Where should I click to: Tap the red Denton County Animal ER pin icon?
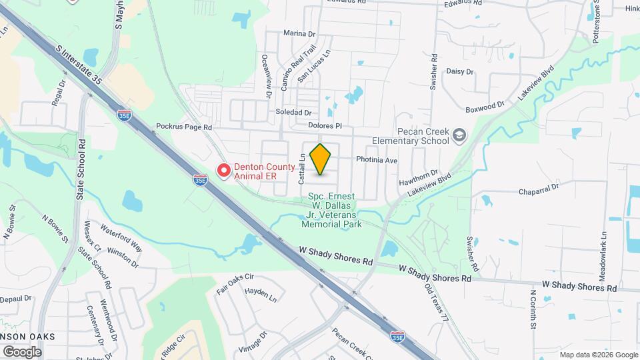[224, 171]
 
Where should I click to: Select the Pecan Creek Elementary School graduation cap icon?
[459, 135]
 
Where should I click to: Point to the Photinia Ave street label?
[377, 161]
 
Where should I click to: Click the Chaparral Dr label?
[539, 192]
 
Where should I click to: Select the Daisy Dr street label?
[459, 71]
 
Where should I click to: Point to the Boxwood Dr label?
[485, 106]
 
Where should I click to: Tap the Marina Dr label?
[299, 33]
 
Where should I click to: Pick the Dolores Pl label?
[325, 125]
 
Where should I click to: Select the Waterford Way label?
[121, 237]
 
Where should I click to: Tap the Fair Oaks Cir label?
[235, 281]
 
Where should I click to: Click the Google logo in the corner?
[22, 351]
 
